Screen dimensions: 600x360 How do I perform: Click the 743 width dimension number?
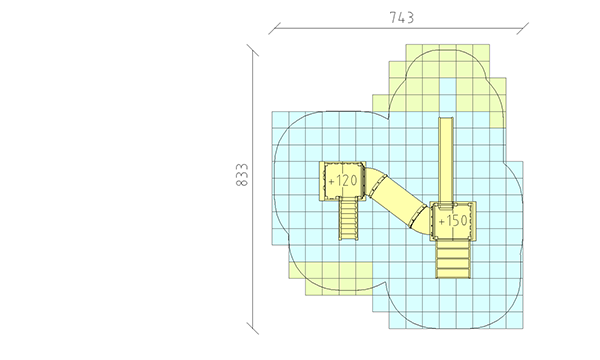click(x=401, y=18)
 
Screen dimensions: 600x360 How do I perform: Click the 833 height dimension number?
click(x=242, y=175)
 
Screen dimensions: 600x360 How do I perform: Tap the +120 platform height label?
click(x=343, y=181)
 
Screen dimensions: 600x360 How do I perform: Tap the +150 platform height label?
click(x=453, y=221)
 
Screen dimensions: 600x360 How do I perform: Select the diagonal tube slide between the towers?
click(x=395, y=200)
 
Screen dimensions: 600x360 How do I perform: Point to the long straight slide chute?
click(x=446, y=161)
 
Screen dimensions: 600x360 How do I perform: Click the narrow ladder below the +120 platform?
click(x=349, y=219)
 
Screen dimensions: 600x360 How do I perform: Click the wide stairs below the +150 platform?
click(x=453, y=259)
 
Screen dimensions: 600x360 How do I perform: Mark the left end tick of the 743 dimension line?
click(x=274, y=29)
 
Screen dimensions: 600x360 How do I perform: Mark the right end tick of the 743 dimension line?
click(x=523, y=29)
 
